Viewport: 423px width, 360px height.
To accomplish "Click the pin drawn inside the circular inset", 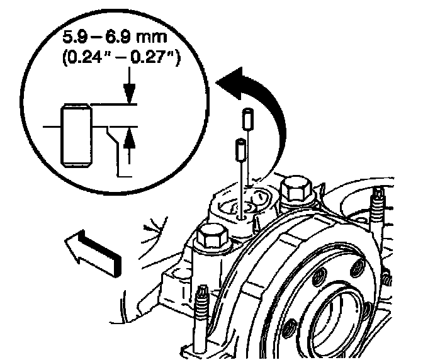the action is tap(77, 136).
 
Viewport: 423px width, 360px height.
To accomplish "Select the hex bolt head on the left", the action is tap(210, 237).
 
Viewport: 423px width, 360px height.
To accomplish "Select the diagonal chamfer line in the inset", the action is tap(113, 135).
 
